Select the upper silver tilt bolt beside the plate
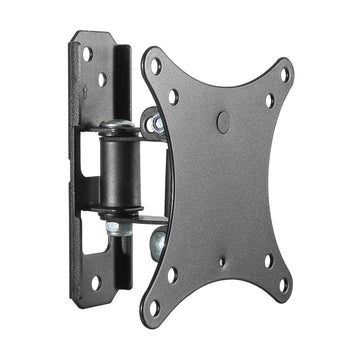[x=155, y=122]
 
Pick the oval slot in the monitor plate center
[x=222, y=122]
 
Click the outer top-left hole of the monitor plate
[x=155, y=65]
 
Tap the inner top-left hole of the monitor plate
[x=174, y=97]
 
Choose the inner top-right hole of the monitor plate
[x=268, y=100]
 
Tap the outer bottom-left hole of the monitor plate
[x=155, y=308]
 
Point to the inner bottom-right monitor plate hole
[x=267, y=261]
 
